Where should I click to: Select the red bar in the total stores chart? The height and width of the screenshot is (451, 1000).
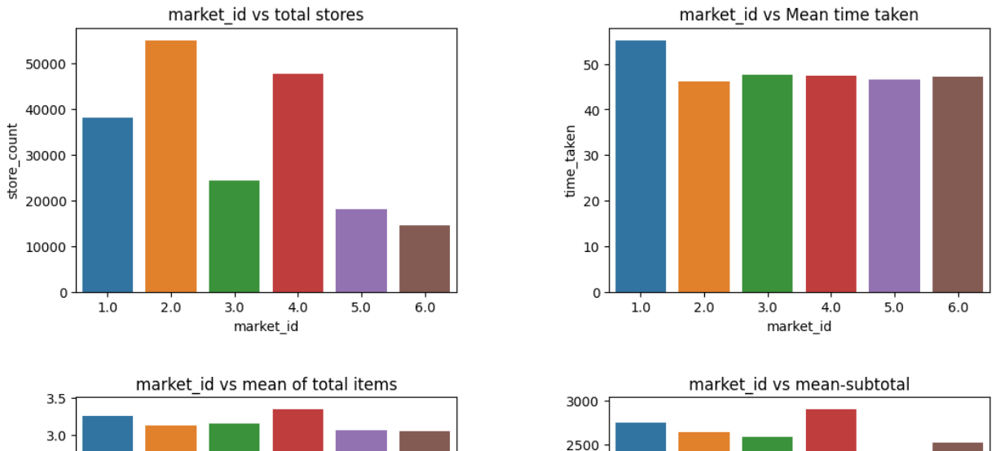pyautogui.click(x=297, y=183)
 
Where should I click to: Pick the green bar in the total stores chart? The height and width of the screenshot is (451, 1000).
pyautogui.click(x=234, y=237)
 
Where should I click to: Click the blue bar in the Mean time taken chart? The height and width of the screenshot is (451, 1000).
pyautogui.click(x=641, y=166)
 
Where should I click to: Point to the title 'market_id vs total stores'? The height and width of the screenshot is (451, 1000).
pyautogui.click(x=266, y=14)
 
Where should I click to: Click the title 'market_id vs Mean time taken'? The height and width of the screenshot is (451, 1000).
pyautogui.click(x=800, y=14)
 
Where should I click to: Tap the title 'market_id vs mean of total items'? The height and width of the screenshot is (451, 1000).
pyautogui.click(x=267, y=384)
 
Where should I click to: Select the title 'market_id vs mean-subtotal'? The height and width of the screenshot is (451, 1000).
pyautogui.click(x=799, y=384)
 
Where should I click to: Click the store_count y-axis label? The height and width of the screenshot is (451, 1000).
pyautogui.click(x=12, y=161)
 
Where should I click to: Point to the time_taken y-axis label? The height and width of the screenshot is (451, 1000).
pyautogui.click(x=570, y=161)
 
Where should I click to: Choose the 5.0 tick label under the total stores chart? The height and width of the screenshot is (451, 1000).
pyautogui.click(x=361, y=307)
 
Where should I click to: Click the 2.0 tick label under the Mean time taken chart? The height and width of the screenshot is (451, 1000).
pyautogui.click(x=704, y=307)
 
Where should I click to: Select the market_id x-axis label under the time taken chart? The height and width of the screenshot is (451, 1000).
pyautogui.click(x=799, y=326)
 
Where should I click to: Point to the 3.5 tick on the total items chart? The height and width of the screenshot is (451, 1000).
pyautogui.click(x=56, y=400)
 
